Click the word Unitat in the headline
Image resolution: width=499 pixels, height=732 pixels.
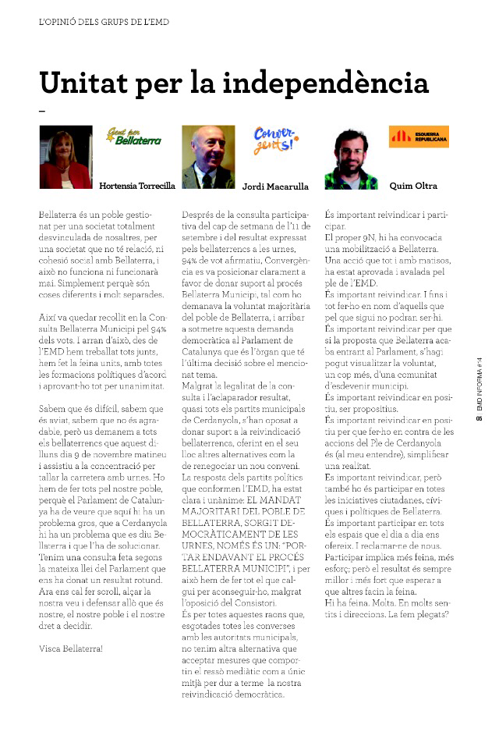tap(86, 83)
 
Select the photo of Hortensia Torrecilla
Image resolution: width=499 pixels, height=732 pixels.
tap(65, 157)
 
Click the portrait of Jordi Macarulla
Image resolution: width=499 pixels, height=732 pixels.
tap(208, 157)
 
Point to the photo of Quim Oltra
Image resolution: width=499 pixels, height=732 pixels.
tap(351, 157)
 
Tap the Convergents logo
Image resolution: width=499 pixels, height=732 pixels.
tap(275, 140)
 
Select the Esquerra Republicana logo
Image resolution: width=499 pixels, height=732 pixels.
tap(419, 137)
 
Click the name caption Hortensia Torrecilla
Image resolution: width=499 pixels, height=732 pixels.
tap(137, 187)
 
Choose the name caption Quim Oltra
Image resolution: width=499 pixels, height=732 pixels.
tap(413, 187)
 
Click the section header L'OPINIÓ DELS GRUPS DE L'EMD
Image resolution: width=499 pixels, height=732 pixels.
tap(104, 23)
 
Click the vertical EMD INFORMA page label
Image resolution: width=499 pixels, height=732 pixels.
tap(480, 390)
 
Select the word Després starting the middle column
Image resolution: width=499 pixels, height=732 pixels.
tap(200, 213)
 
